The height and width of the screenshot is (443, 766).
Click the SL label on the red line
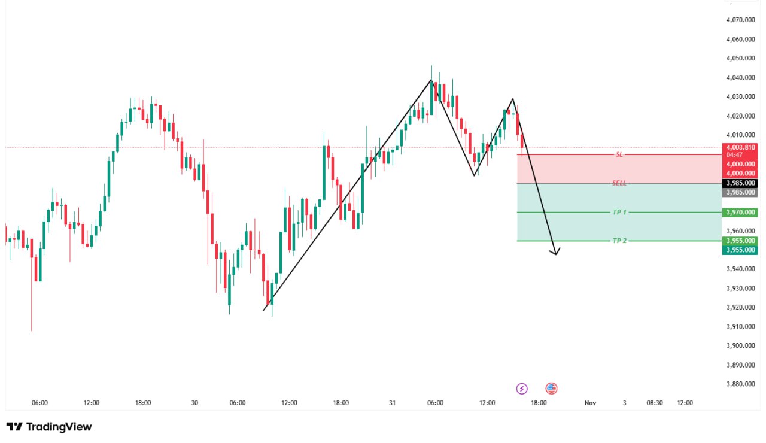click(x=619, y=154)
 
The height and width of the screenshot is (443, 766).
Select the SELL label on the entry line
click(x=619, y=183)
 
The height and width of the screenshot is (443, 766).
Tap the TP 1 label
click(x=619, y=212)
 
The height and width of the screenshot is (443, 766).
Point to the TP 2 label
click(x=619, y=241)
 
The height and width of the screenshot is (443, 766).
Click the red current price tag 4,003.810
click(x=740, y=147)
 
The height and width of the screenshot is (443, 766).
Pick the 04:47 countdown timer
click(x=734, y=154)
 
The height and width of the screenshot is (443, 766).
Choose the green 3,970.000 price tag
click(x=740, y=212)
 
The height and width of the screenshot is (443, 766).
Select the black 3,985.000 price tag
click(x=740, y=183)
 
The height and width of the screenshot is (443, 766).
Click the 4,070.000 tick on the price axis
click(x=740, y=20)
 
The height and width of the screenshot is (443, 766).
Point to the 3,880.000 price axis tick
click(x=740, y=384)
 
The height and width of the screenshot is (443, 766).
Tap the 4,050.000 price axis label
click(x=740, y=58)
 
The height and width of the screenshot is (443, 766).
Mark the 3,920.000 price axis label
click(x=740, y=307)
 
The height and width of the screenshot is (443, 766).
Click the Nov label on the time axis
click(x=590, y=403)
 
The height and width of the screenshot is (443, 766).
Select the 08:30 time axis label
click(x=655, y=403)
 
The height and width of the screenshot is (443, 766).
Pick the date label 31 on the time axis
click(x=393, y=403)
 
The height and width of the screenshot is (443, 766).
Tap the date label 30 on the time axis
click(x=194, y=403)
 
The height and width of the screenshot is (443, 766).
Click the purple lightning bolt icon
click(x=522, y=389)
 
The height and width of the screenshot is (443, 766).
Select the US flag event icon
click(x=551, y=389)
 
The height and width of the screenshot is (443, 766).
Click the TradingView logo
click(x=49, y=427)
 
